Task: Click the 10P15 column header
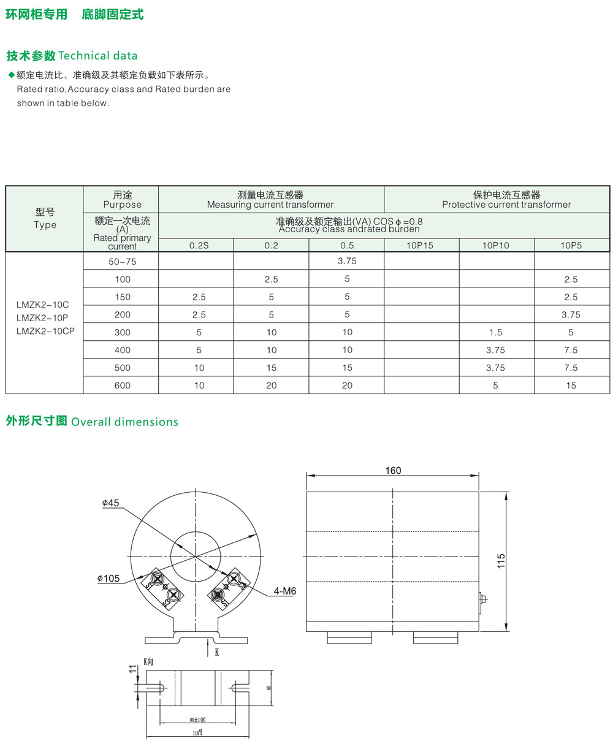coord(421,245)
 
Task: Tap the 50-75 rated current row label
coord(123,261)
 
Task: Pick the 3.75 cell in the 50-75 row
coord(347,261)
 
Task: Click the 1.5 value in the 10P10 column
coord(495,332)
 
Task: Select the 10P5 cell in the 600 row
coord(571,386)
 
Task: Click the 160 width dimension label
coord(393,471)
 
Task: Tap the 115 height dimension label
coord(501,561)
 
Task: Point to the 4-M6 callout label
coord(285,591)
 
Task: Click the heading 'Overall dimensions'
coord(125,422)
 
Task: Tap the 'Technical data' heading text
coord(97,56)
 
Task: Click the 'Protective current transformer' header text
coord(506,205)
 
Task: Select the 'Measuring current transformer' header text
coord(270,205)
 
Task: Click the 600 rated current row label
coord(123,386)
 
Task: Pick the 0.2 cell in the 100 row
coord(271,279)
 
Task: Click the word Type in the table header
coord(45,225)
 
